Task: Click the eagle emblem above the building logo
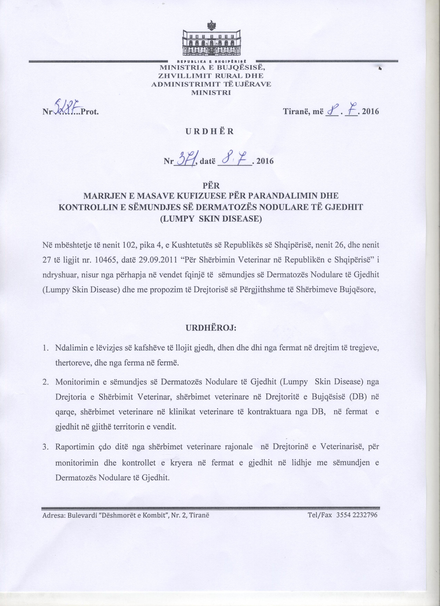[213, 26]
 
